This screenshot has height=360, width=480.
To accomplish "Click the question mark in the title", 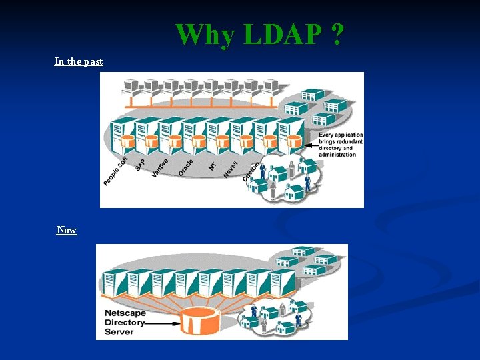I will pyautogui.click(x=337, y=35).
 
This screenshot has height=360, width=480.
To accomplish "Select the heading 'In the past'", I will pyautogui.click(x=79, y=61).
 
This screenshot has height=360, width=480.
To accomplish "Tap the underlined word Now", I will pyautogui.click(x=67, y=230).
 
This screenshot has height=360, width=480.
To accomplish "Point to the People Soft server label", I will pyautogui.click(x=115, y=171).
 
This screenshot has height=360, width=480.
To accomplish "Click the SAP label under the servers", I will pyautogui.click(x=140, y=164).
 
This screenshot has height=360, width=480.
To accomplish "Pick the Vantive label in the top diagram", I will pyautogui.click(x=159, y=166).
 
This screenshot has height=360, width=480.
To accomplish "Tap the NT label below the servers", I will pyautogui.click(x=212, y=164).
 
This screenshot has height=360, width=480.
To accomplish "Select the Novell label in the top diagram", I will pyautogui.click(x=231, y=167).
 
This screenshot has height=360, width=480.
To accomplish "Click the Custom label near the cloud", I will pyautogui.click(x=251, y=171).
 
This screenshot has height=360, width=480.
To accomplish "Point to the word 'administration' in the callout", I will pyautogui.click(x=337, y=155).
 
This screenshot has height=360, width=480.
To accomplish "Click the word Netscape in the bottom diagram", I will pyautogui.click(x=126, y=313).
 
